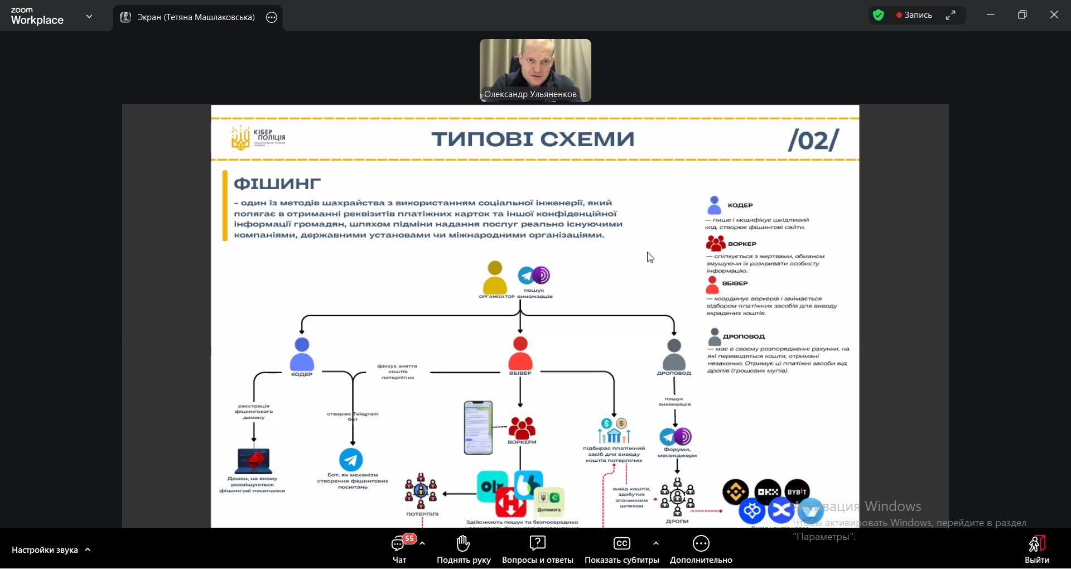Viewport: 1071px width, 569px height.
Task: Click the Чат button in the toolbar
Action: coord(399,549)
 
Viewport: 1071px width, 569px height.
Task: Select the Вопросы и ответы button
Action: coord(537,549)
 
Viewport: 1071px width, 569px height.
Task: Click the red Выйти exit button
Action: coord(1036,549)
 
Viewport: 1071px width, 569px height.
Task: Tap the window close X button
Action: coord(1054,15)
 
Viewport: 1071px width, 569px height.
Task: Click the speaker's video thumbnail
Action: coord(535,70)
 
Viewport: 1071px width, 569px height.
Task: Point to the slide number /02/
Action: coord(813,140)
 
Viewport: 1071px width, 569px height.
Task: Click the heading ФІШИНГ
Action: coord(277,184)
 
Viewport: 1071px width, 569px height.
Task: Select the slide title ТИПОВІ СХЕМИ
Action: coord(533,139)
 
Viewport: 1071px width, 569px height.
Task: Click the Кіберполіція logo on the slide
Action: coord(258,137)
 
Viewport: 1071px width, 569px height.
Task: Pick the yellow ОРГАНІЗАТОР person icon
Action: coord(495,277)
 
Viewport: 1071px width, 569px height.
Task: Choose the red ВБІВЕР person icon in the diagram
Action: coord(520,353)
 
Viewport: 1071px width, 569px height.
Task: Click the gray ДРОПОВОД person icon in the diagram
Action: coord(674,354)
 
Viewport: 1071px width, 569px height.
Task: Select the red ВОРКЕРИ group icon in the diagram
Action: coord(522,428)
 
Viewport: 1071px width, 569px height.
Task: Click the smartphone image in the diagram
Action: coord(478,427)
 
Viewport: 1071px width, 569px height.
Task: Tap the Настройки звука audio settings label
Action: coord(45,550)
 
